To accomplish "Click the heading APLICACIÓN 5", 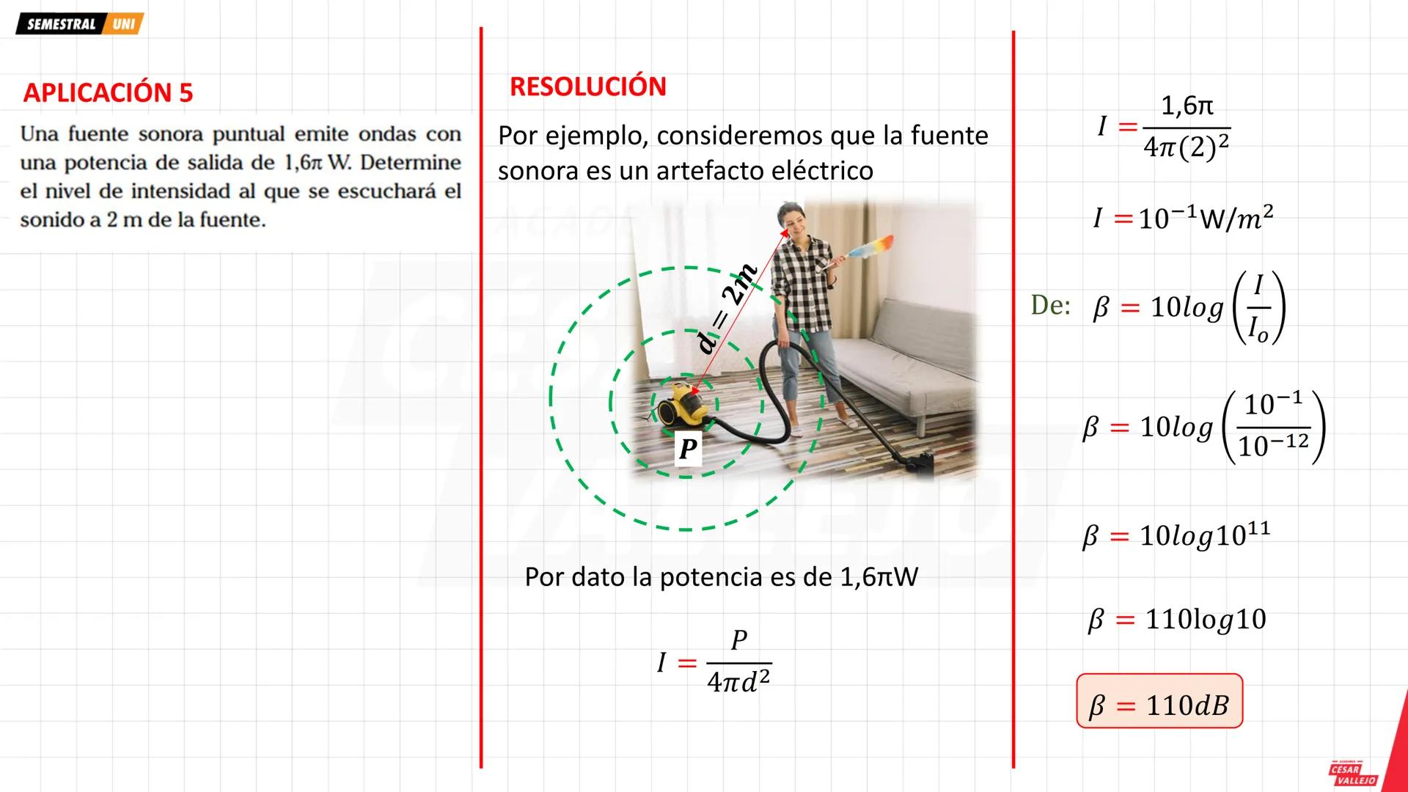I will pyautogui.click(x=108, y=93).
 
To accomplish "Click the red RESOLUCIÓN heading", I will pyautogui.click(x=587, y=87).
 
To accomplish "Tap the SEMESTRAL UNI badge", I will pyautogui.click(x=79, y=24).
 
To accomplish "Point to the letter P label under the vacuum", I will pyautogui.click(x=688, y=449).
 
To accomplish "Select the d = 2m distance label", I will pyautogui.click(x=727, y=309).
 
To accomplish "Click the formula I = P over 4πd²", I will pyautogui.click(x=715, y=662).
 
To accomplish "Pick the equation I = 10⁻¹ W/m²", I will pyautogui.click(x=1183, y=218).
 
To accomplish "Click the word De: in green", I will pyautogui.click(x=1050, y=305).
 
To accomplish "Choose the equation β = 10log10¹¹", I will pyautogui.click(x=1176, y=535).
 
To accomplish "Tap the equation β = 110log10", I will pyautogui.click(x=1177, y=620).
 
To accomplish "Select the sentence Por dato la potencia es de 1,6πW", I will pyautogui.click(x=721, y=577).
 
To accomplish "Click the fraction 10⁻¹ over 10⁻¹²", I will pyautogui.click(x=1274, y=426).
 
